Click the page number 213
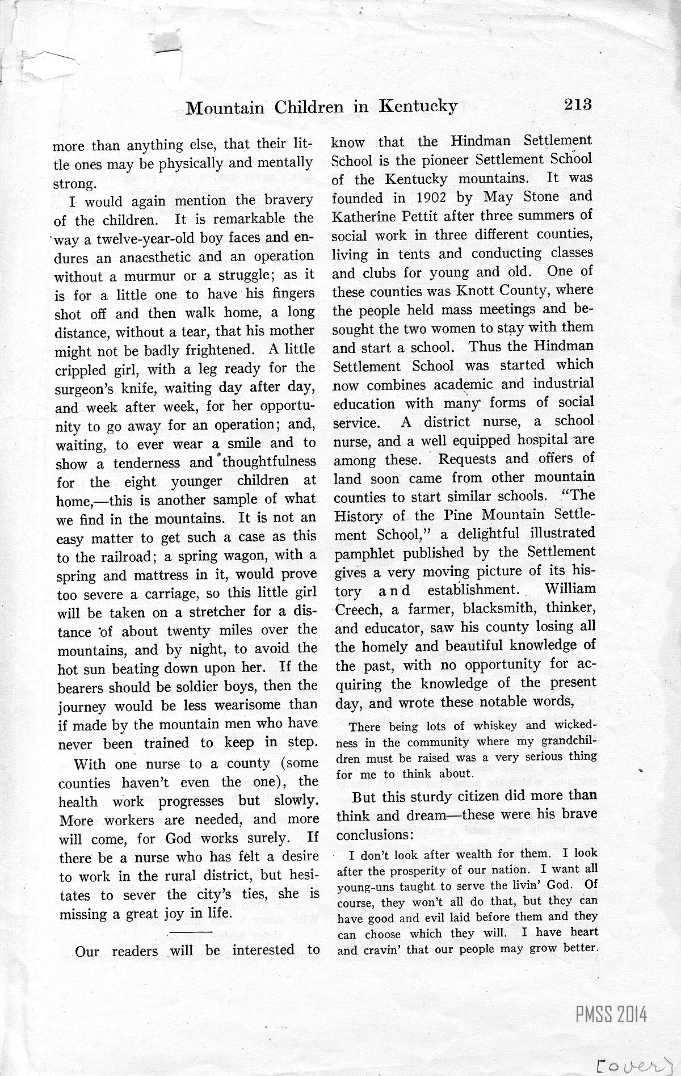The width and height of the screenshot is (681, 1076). coord(578,104)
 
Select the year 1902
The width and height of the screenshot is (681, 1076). coord(417,197)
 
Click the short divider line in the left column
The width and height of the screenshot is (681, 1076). coord(190,932)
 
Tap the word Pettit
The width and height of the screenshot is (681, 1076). coord(419,217)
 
